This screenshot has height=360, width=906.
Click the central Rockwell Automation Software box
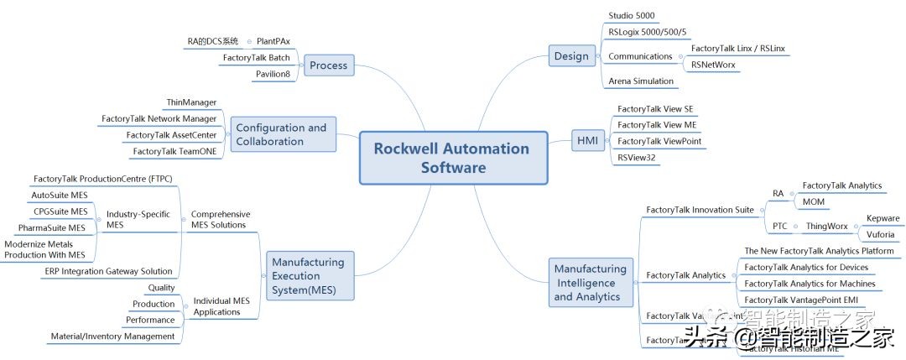[451, 158]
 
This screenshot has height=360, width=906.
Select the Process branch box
[328, 65]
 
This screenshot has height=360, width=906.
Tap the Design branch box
[571, 56]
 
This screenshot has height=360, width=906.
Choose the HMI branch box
[588, 140]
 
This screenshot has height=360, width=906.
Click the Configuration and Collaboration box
[281, 134]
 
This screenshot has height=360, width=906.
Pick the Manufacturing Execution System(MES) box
[308, 276]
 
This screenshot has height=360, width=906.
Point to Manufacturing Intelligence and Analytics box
[590, 283]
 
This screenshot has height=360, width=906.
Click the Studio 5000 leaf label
[631, 15]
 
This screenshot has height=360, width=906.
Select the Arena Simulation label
[641, 81]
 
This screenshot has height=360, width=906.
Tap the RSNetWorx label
[714, 64]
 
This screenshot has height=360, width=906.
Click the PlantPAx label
[273, 41]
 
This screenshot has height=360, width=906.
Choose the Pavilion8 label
[273, 75]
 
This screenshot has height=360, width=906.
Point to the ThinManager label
[191, 102]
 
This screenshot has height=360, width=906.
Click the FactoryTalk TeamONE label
[174, 152]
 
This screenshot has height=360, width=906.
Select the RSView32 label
[637, 157]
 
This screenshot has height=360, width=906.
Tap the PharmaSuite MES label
[52, 227]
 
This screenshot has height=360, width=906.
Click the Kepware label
[883, 218]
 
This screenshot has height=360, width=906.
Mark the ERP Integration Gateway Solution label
[108, 271]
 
